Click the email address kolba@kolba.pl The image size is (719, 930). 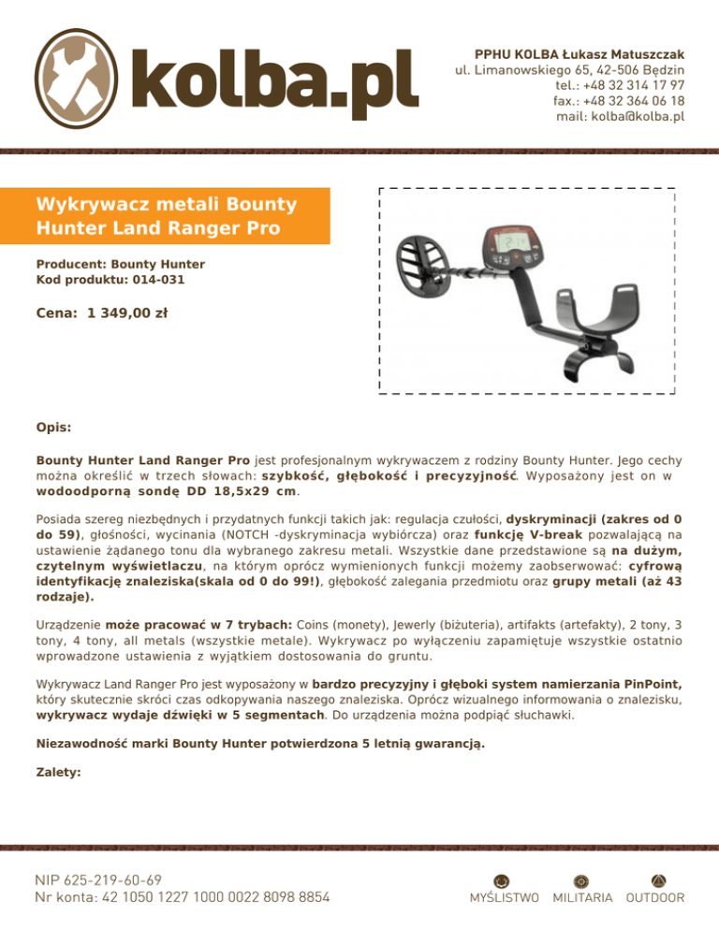621,117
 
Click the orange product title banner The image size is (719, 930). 178,215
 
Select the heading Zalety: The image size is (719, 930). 58,774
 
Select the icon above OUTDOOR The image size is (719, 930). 655,879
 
